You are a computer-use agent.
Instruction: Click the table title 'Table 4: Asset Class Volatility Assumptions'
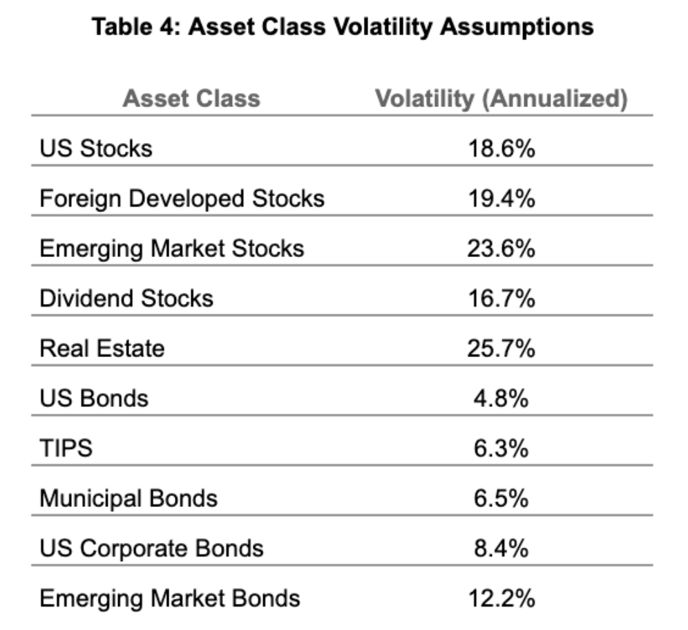343,27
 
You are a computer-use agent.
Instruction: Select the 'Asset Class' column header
191,98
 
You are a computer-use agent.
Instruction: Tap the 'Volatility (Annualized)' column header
501,98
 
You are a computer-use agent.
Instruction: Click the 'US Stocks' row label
96,148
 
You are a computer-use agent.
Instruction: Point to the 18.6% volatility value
501,148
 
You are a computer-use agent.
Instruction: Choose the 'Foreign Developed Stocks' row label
182,198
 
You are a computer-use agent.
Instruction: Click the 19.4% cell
501,198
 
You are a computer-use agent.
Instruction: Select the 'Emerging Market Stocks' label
172,248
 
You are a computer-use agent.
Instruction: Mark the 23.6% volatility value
501,248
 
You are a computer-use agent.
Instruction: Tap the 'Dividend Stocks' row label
126,298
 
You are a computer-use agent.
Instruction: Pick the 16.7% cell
501,298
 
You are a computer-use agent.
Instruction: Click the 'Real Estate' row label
102,348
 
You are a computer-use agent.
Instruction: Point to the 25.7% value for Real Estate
501,348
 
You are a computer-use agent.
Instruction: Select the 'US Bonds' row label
94,398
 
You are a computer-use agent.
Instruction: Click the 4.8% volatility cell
501,398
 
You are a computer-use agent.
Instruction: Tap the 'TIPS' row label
66,448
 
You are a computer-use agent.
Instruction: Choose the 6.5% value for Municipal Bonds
501,498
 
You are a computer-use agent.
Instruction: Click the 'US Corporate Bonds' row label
151,548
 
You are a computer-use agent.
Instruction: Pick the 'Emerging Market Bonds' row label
170,598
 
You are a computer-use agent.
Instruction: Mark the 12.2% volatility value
501,598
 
